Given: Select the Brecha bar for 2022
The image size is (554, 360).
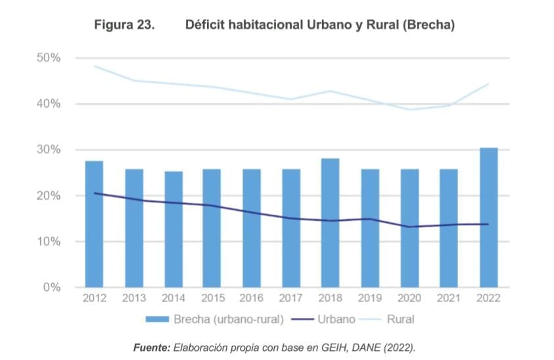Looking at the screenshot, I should (x=488, y=217).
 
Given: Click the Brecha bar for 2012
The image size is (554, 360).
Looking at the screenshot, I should (x=94, y=224).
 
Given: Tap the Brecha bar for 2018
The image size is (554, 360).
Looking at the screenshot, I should (x=330, y=223).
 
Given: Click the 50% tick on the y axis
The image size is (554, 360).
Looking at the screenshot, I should (x=48, y=58).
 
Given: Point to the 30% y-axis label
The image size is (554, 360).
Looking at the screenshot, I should (x=48, y=150).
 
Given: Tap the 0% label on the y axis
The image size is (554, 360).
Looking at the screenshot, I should (x=51, y=288).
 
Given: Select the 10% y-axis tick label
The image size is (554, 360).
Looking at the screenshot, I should (x=48, y=242).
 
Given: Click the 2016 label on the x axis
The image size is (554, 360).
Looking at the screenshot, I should (x=252, y=299).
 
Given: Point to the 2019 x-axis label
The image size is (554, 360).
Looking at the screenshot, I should (x=371, y=299).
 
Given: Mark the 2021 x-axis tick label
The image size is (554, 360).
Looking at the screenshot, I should (x=450, y=299).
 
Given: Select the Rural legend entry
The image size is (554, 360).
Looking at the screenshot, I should (x=400, y=320).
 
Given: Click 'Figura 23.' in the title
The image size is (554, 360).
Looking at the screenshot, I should (x=124, y=25).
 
